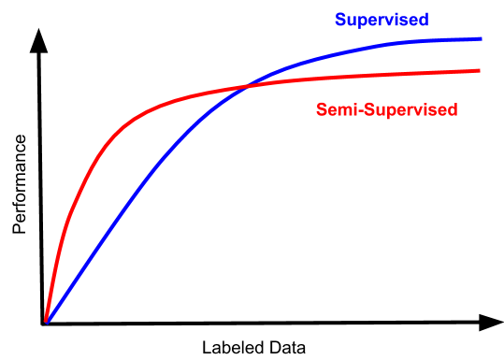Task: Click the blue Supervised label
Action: (382, 20)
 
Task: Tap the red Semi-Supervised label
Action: (387, 109)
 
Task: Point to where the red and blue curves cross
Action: (246, 87)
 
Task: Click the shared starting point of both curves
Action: (46, 321)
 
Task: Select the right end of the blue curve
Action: (481, 38)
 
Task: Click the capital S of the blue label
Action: (340, 20)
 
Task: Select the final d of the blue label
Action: (424, 20)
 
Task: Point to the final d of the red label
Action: (453, 109)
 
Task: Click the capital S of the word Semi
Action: (322, 109)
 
